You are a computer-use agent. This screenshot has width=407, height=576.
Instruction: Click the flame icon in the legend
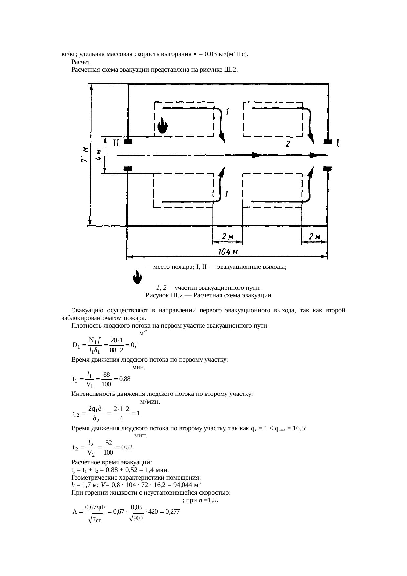click(x=137, y=278)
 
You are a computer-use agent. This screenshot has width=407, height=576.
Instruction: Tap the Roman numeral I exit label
click(x=338, y=143)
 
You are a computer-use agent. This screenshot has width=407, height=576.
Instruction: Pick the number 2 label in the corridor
click(x=287, y=144)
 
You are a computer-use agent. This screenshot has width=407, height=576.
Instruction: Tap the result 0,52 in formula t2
click(x=126, y=447)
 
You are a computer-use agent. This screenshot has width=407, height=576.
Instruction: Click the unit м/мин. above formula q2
click(x=150, y=401)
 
